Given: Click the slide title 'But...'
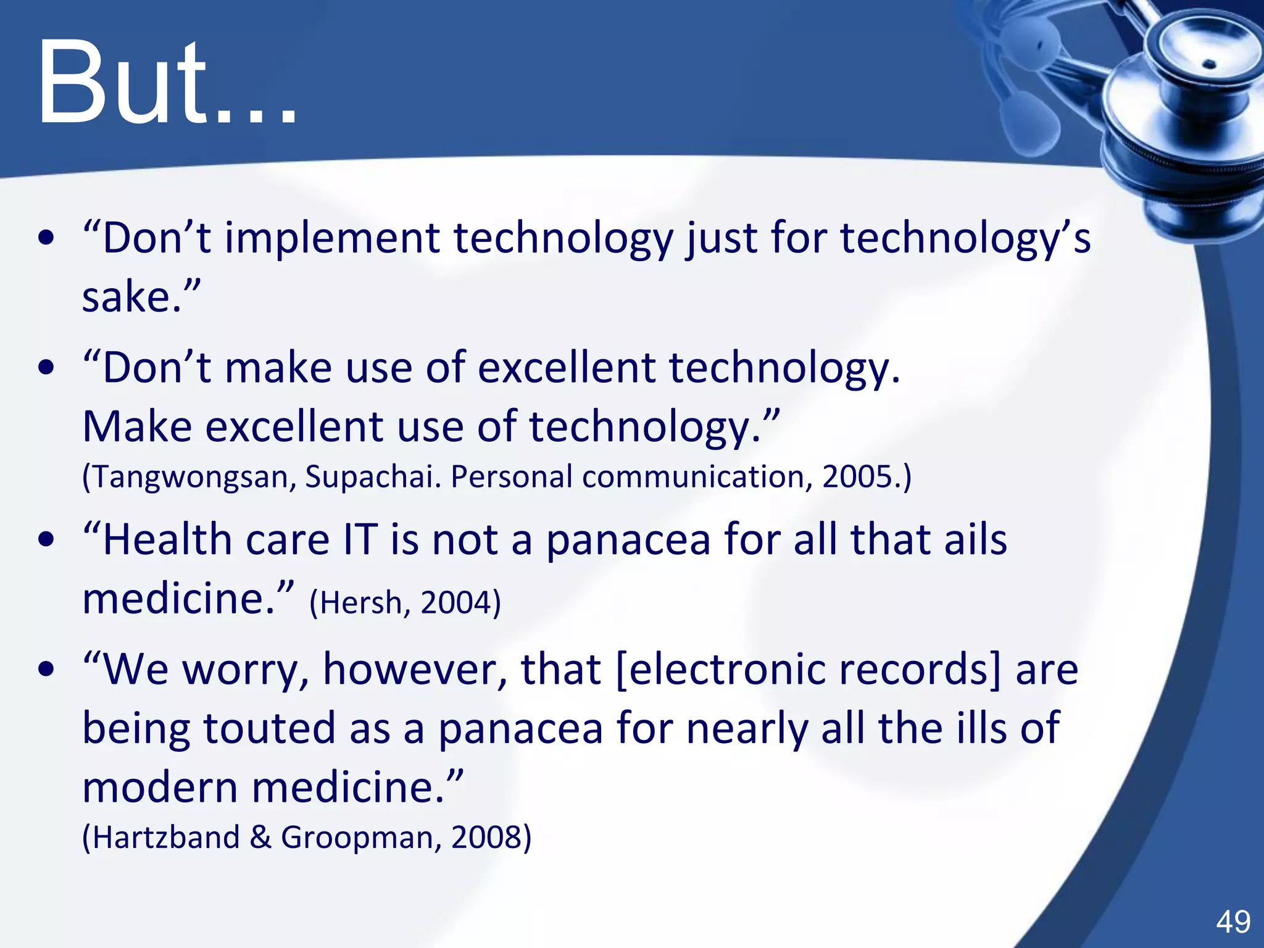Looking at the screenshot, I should [x=167, y=83].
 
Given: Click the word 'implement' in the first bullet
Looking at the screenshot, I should [x=332, y=238].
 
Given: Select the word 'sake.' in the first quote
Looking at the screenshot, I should [x=132, y=297].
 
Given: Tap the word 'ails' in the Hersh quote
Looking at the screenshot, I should [x=976, y=539].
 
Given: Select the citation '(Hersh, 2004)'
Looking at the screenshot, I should [x=405, y=603].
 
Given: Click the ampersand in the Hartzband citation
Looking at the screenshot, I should [x=260, y=838].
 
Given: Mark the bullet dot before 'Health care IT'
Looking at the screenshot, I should [x=46, y=540].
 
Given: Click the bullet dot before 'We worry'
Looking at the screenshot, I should [x=46, y=670].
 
